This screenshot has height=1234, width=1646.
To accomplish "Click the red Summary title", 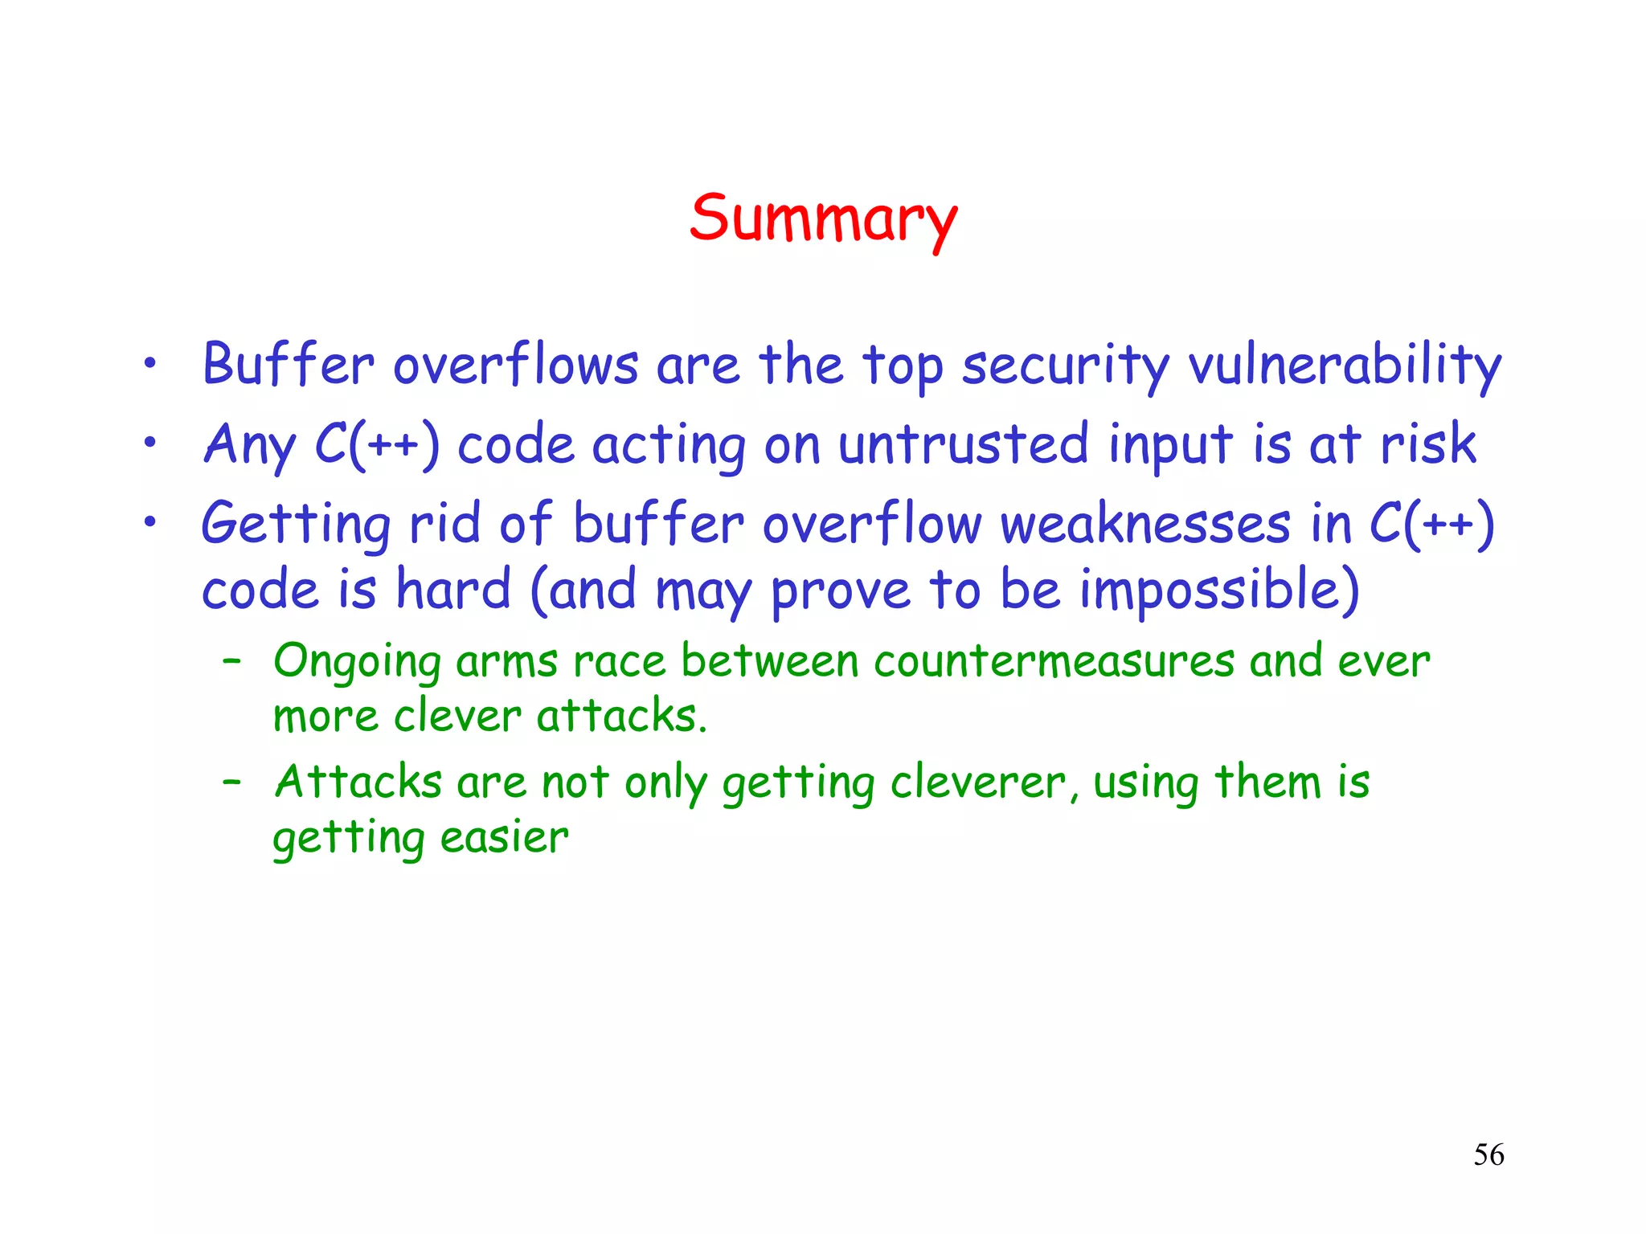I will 823,219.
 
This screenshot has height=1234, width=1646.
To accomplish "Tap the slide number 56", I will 1488,1154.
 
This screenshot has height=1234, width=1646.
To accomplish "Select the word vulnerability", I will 1345,366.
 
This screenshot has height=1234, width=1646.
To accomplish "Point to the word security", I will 1066,366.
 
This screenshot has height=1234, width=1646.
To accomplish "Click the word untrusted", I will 963,444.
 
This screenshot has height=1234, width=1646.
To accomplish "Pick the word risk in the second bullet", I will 1427,443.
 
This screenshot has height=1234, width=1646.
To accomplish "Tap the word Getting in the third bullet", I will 296,525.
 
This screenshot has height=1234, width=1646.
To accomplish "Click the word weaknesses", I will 1145,525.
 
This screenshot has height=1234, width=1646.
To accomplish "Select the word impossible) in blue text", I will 1219,590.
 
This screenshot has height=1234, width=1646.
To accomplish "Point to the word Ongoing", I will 357,662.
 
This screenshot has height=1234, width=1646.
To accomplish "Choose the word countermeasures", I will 1054,662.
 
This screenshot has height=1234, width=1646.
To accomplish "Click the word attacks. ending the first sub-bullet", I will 621,716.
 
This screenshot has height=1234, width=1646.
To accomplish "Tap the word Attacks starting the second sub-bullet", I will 358,782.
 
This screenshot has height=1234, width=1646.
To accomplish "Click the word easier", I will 504,838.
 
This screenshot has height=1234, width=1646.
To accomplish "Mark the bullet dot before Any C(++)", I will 149,442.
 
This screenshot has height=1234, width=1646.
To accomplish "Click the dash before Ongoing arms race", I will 232,661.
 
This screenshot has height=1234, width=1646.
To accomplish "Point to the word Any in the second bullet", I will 249,444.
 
